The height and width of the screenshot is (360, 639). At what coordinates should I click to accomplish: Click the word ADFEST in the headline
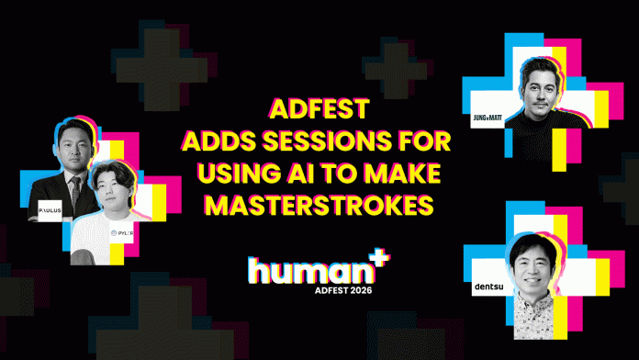pyautogui.click(x=319, y=110)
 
